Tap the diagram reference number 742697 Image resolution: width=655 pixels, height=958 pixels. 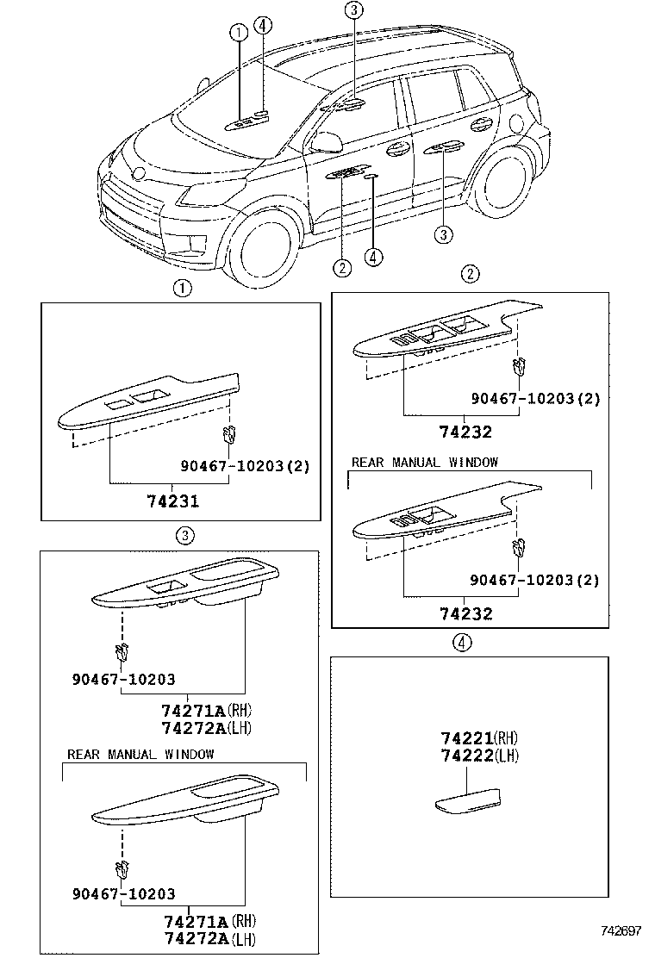(621, 931)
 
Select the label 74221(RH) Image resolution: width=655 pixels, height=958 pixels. (478, 738)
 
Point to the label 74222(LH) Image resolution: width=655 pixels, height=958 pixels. (478, 755)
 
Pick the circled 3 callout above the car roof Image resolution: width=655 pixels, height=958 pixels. (353, 10)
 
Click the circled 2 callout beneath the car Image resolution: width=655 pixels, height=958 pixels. (342, 268)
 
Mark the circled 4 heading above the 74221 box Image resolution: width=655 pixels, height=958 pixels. (463, 643)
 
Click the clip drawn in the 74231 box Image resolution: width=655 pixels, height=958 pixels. (228, 432)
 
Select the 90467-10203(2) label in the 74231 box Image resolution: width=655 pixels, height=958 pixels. (245, 466)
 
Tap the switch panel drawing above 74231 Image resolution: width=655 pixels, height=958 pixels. (147, 401)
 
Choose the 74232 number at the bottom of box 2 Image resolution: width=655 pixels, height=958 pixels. (465, 613)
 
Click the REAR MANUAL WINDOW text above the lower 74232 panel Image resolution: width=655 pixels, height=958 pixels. (424, 463)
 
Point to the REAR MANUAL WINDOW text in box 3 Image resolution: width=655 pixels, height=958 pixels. (140, 755)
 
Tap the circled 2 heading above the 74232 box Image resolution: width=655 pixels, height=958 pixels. (469, 275)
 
